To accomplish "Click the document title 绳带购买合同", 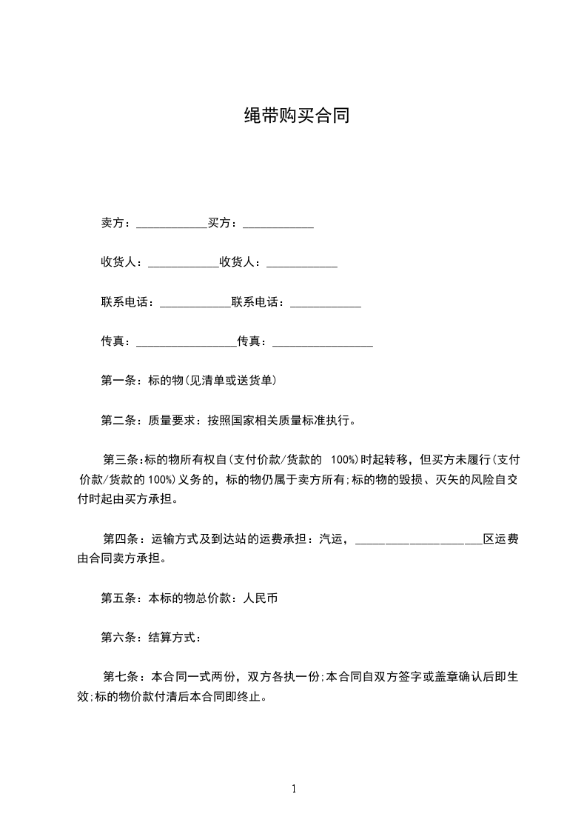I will (296, 116).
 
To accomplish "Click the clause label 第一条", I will (115, 381).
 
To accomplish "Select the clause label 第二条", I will (115, 421).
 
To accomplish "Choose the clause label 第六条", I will (115, 637).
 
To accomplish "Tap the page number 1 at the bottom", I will (294, 789).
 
